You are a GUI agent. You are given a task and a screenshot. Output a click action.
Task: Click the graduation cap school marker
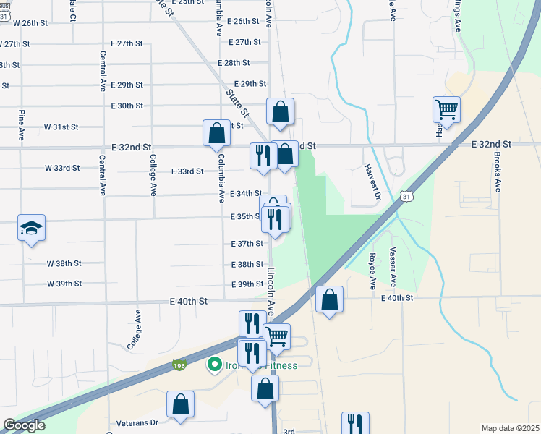(x=31, y=229)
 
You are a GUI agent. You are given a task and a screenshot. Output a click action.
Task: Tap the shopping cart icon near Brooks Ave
(x=447, y=111)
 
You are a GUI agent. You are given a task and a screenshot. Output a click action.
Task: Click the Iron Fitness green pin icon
(x=214, y=365)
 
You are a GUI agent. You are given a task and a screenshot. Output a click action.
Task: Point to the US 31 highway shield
(x=407, y=196)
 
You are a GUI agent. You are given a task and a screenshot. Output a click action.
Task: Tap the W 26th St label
(x=30, y=23)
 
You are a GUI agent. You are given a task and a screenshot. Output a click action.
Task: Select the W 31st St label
(x=61, y=127)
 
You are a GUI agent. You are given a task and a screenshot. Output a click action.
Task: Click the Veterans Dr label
(x=137, y=422)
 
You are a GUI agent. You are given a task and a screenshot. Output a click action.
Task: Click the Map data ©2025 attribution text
(x=510, y=428)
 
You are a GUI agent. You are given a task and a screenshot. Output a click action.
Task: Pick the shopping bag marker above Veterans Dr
(x=181, y=404)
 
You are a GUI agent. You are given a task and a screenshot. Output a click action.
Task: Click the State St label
(x=237, y=102)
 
